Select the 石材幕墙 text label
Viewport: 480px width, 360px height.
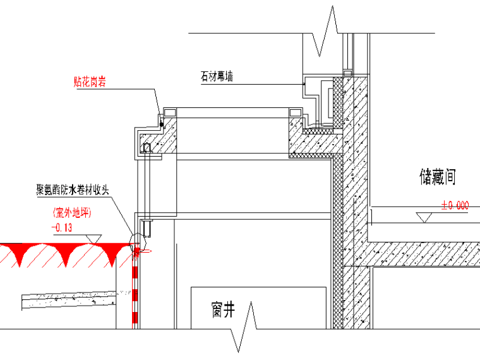(x=217, y=76)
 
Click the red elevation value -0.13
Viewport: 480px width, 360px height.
(x=61, y=226)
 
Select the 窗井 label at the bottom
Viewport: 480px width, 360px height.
(x=224, y=310)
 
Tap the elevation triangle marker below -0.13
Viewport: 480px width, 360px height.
(x=94, y=239)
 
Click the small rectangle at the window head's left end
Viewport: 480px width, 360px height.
(x=169, y=112)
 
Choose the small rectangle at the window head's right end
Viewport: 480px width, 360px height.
(x=295, y=112)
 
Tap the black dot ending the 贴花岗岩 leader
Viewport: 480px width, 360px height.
(x=162, y=124)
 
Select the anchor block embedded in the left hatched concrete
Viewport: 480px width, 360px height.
(x=147, y=148)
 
